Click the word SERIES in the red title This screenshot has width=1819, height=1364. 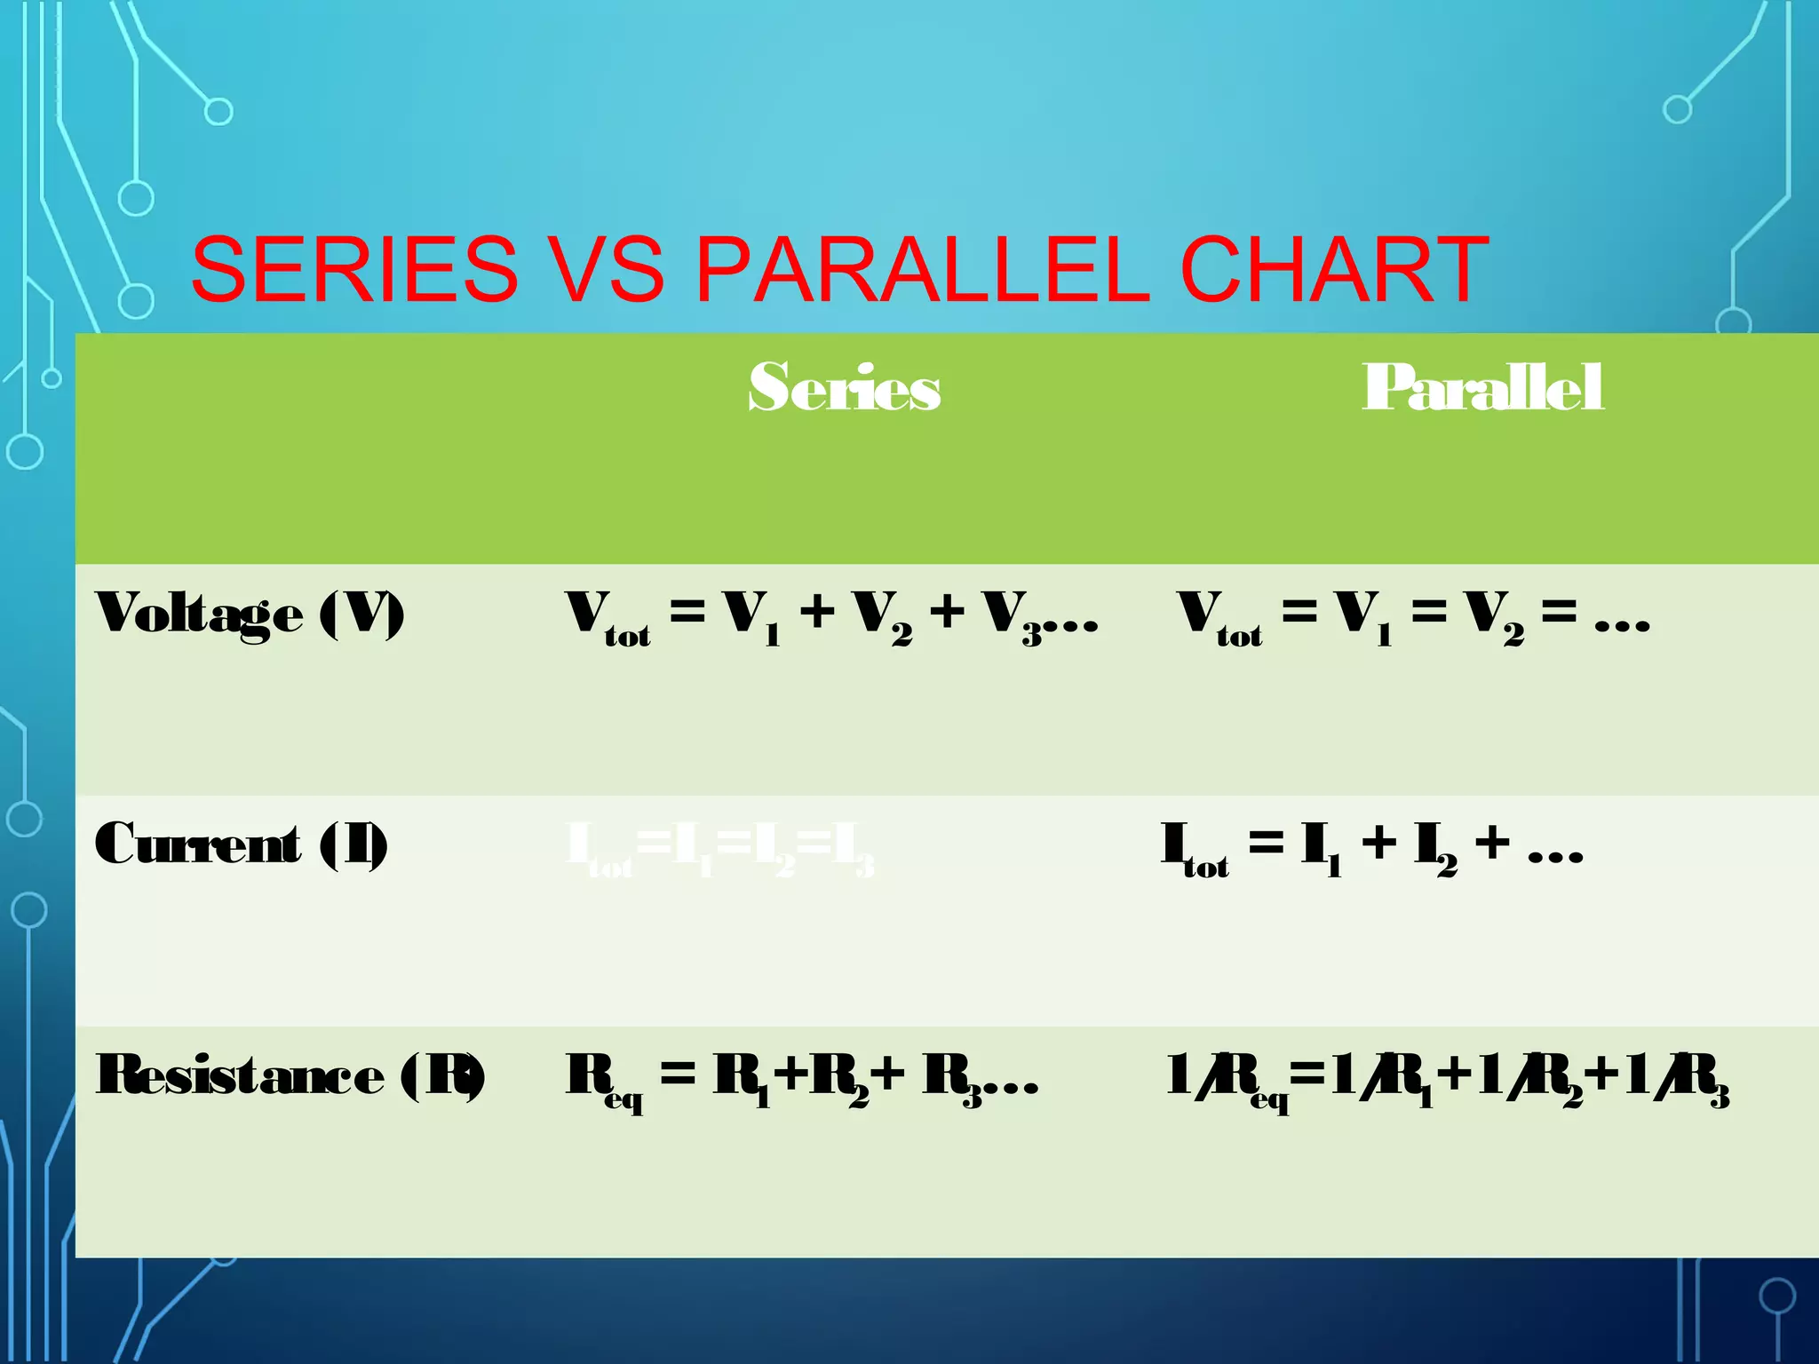(354, 268)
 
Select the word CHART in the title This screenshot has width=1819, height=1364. (1333, 268)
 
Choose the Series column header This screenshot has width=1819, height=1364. (844, 388)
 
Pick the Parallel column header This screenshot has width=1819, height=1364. (1482, 388)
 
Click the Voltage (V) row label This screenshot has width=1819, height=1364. (250, 615)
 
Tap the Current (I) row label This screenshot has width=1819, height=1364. (241, 845)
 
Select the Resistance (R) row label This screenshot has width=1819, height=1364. (290, 1075)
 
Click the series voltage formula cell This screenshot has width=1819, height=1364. (832, 615)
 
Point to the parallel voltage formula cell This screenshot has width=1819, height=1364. (1413, 615)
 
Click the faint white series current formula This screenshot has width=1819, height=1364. (720, 849)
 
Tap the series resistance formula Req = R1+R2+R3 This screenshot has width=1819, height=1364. (801, 1077)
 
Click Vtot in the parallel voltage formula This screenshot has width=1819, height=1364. (1219, 617)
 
